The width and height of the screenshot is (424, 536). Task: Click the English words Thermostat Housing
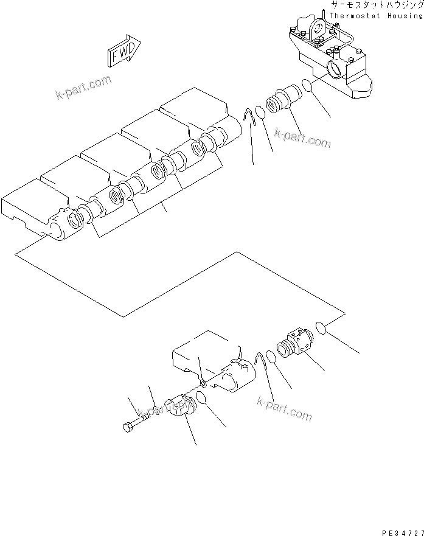375,15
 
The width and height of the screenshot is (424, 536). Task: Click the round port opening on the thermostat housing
335,68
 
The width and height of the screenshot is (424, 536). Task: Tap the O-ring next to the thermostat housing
308,85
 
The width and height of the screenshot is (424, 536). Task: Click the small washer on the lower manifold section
203,385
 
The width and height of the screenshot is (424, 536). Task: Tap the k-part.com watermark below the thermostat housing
302,138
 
